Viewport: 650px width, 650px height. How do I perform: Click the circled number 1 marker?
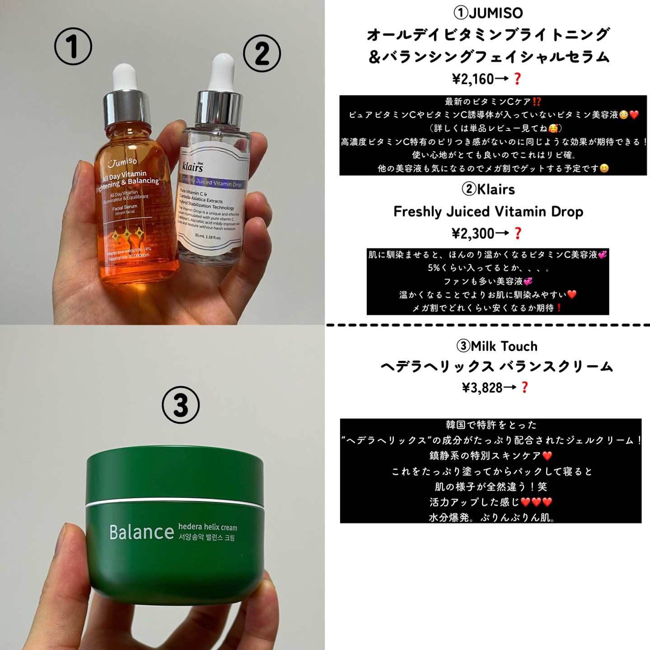pos(73,46)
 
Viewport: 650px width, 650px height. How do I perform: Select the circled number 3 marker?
pos(181,404)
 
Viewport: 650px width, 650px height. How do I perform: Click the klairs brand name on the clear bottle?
pos(193,167)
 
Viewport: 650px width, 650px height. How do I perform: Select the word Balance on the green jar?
pos(141,532)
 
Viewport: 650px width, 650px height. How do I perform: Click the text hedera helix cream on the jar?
pos(207,527)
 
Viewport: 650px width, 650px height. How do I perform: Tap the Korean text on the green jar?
pos(207,538)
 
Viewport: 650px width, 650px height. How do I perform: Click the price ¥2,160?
pos(473,79)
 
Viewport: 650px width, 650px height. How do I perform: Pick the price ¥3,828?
pos(482,388)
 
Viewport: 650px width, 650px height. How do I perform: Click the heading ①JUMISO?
pos(488,13)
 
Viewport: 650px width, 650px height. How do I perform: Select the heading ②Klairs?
pos(488,189)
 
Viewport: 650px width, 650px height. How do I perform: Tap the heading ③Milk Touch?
pos(497,346)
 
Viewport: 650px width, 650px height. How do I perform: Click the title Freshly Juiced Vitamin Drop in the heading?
pos(488,211)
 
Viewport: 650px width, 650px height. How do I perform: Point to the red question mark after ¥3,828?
pos(524,387)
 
